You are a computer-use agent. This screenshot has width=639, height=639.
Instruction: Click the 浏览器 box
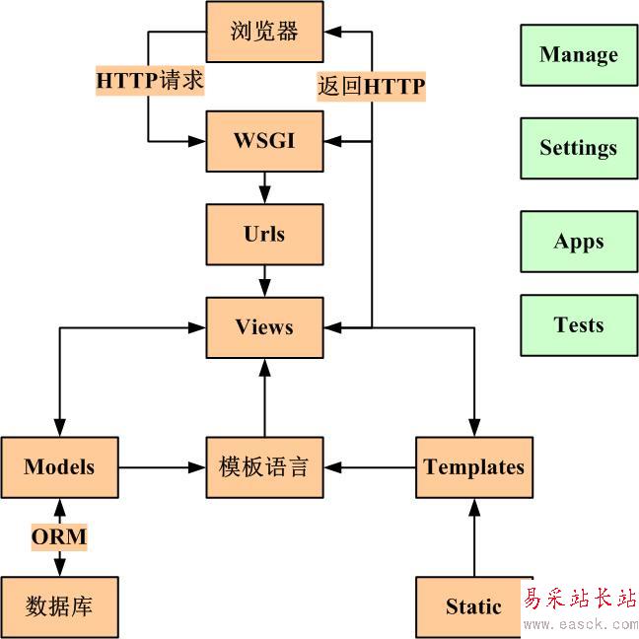[264, 33]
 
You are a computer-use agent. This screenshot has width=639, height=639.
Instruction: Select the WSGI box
[264, 141]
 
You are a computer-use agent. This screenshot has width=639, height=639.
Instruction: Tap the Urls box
[264, 235]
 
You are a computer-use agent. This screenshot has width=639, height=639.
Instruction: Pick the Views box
[264, 327]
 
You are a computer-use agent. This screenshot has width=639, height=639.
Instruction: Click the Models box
[59, 467]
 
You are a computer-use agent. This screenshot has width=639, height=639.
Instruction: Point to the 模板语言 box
[264, 467]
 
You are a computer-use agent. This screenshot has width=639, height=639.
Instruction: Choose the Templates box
[474, 467]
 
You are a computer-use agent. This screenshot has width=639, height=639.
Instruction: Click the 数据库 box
[59, 606]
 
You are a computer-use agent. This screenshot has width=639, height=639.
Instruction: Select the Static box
[473, 606]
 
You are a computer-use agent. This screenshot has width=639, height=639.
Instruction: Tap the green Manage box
[579, 55]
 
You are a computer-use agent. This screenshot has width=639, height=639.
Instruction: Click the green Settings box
[579, 148]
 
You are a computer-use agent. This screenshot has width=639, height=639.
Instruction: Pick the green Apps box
[579, 242]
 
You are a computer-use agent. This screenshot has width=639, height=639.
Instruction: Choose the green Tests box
[579, 325]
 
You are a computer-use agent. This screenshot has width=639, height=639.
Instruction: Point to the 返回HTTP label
[371, 87]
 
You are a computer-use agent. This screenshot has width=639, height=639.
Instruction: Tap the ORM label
[59, 537]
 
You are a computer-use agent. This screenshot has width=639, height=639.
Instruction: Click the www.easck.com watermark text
[581, 624]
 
